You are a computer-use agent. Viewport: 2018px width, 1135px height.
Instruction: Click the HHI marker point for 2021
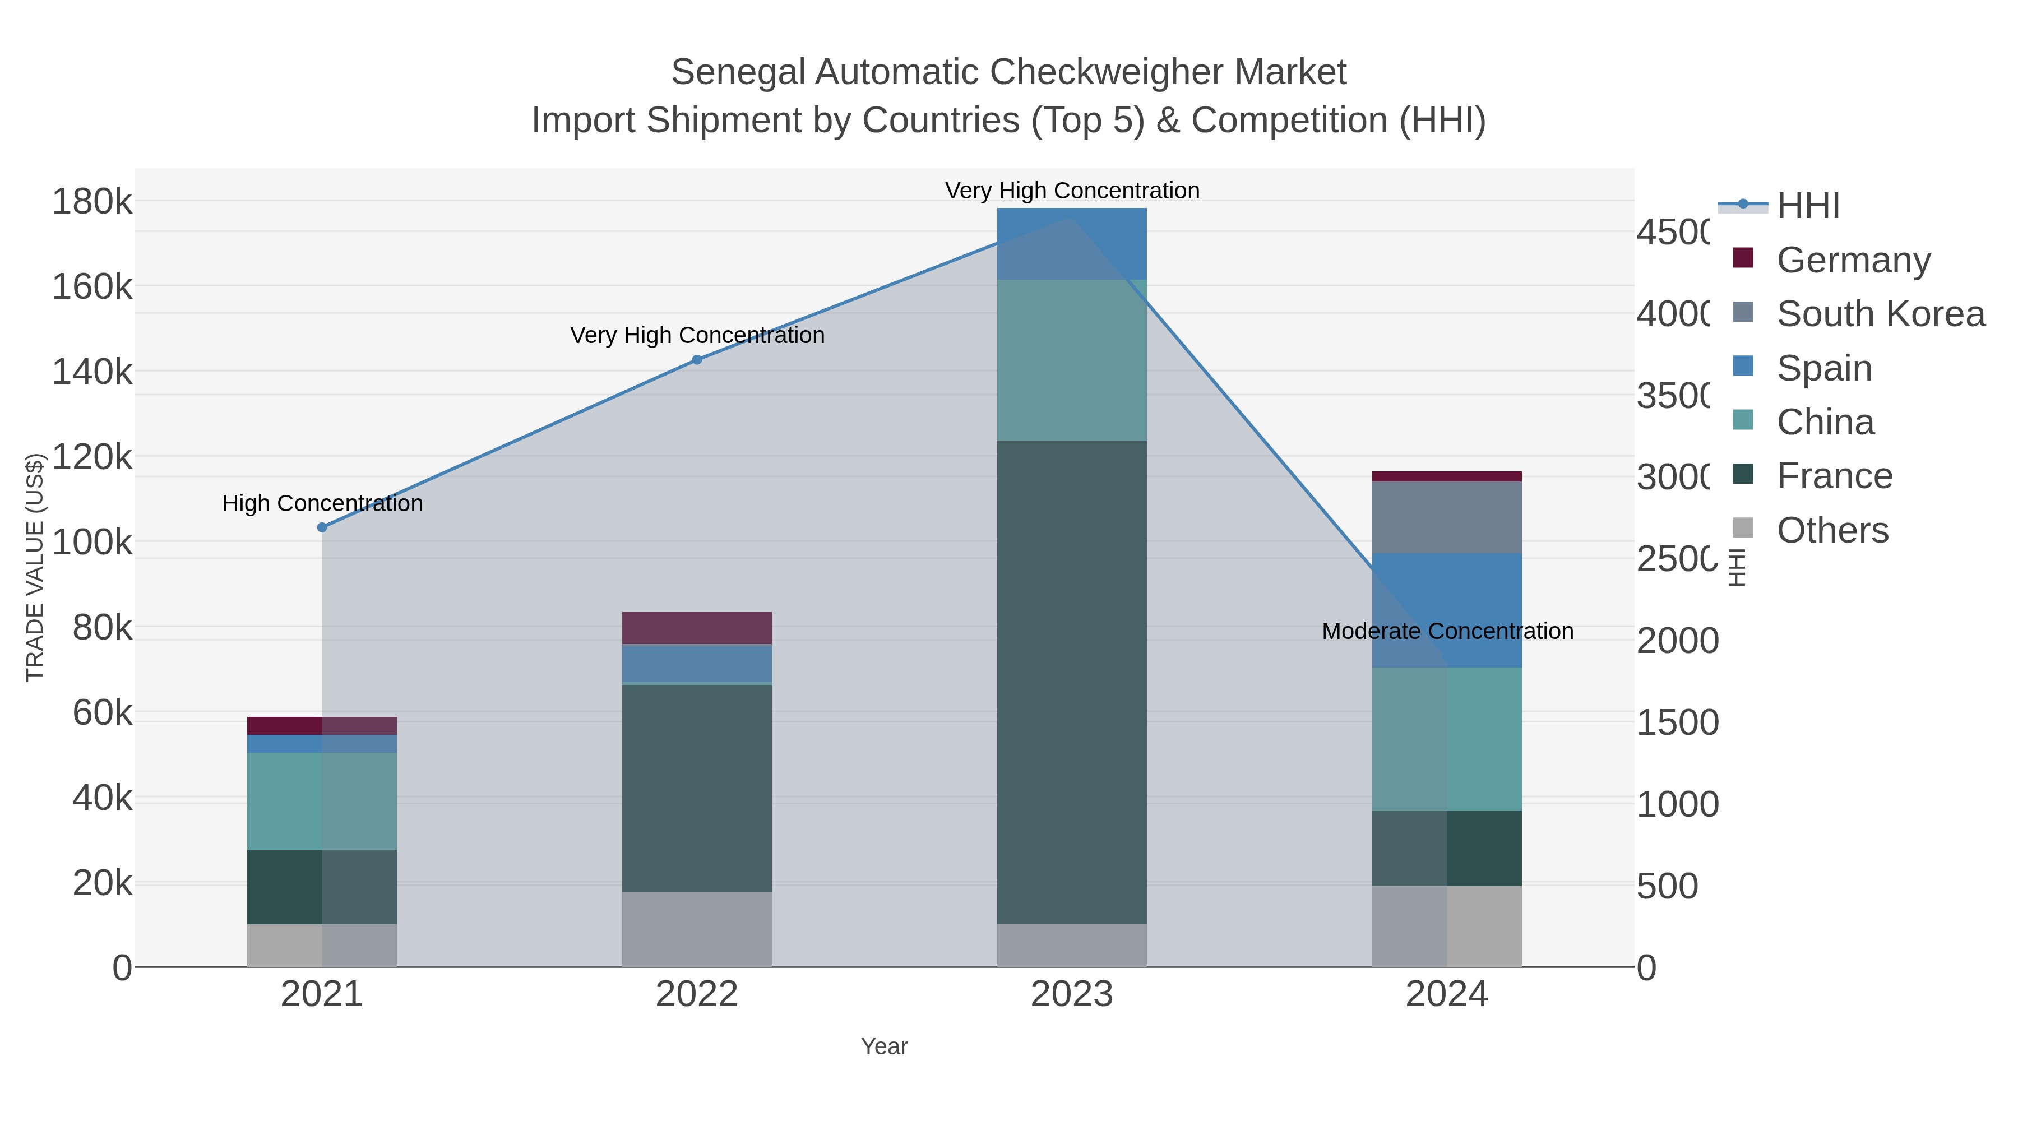(322, 527)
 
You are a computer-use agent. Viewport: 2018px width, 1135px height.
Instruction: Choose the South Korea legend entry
(1880, 313)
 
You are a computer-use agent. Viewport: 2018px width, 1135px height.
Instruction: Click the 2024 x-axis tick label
(1446, 995)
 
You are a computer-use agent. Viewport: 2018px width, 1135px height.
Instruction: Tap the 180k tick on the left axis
(92, 202)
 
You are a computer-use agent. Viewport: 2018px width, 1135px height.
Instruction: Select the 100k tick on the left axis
(92, 542)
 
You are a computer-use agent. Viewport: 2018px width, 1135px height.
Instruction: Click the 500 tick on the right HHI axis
(1668, 887)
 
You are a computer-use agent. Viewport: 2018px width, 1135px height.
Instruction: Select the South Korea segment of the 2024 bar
(1446, 517)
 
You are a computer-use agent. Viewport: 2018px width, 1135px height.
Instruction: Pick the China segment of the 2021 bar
(322, 800)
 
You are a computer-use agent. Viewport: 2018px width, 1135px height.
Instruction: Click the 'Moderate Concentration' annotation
(1447, 631)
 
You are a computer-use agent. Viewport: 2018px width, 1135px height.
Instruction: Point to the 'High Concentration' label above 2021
(322, 503)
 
